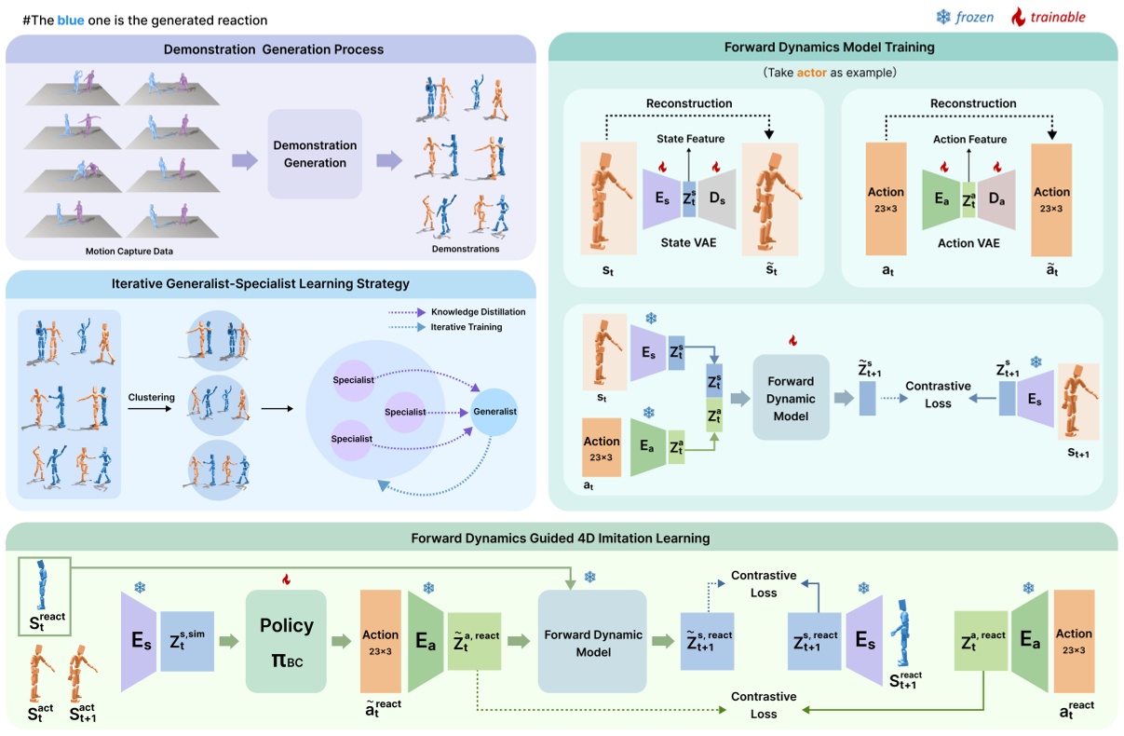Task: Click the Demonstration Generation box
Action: (x=315, y=154)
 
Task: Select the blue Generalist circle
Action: (x=494, y=411)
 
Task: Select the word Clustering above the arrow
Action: (x=151, y=397)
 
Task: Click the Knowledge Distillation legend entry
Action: (x=478, y=311)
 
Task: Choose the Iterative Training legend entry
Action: (x=466, y=327)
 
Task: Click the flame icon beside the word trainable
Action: (x=1017, y=17)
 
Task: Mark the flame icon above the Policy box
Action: (x=286, y=579)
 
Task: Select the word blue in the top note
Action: (x=71, y=20)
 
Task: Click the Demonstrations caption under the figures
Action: (x=466, y=249)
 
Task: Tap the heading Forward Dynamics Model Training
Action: (x=829, y=47)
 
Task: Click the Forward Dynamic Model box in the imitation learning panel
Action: (x=592, y=643)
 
